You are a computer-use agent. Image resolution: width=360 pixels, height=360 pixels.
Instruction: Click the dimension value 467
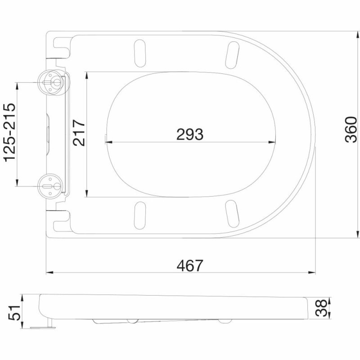(189, 265)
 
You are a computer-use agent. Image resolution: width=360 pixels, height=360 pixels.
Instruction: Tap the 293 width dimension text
(189, 134)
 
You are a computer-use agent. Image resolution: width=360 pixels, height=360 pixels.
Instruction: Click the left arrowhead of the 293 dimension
(108, 143)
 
